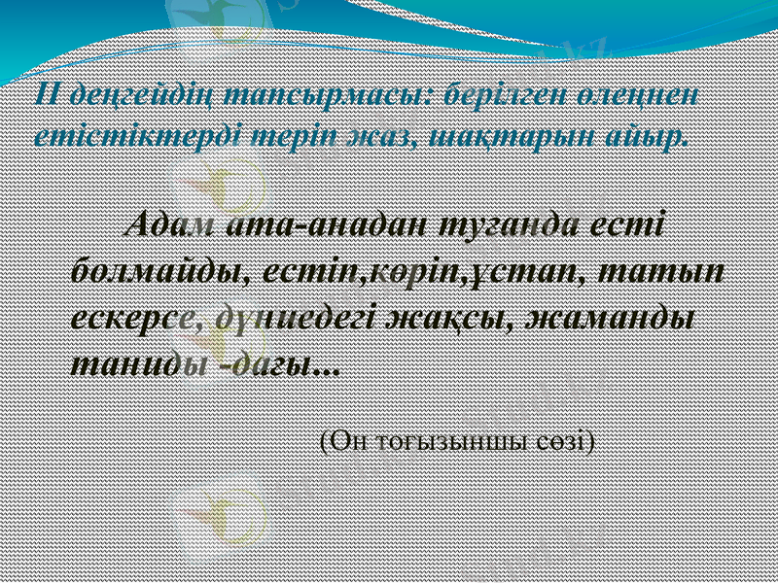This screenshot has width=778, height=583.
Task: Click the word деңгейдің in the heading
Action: pos(134,95)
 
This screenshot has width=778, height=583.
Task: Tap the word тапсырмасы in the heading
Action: pos(330,95)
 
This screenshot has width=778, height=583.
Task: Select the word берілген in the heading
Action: pos(505,95)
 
